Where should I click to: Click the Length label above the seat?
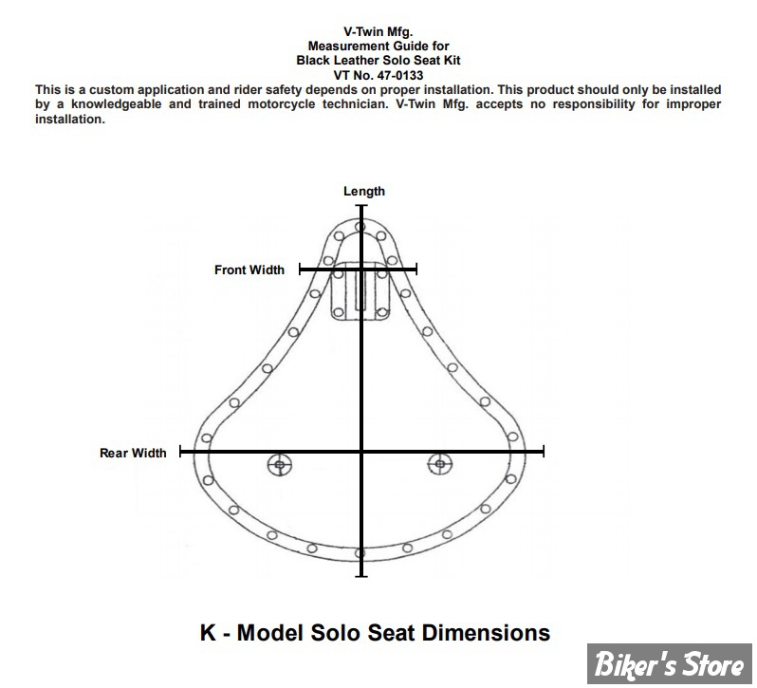coord(364,191)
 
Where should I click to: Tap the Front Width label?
coord(249,270)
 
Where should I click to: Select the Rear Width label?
coord(133,453)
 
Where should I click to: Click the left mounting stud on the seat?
coord(280,464)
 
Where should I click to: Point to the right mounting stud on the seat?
coord(440,464)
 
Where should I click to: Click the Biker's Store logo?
coord(669,663)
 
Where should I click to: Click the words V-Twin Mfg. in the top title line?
coord(378,32)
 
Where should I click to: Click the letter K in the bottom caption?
coord(208,632)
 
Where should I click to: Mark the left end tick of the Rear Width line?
coord(180,452)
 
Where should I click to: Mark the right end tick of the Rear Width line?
coord(544,452)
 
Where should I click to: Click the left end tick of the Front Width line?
coord(300,269)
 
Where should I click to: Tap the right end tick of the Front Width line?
coord(416,269)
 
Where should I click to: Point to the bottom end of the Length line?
coord(361,576)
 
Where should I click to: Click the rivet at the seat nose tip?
coord(360,227)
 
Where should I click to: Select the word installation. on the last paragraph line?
coord(70,120)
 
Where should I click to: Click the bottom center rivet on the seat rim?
coord(360,553)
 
